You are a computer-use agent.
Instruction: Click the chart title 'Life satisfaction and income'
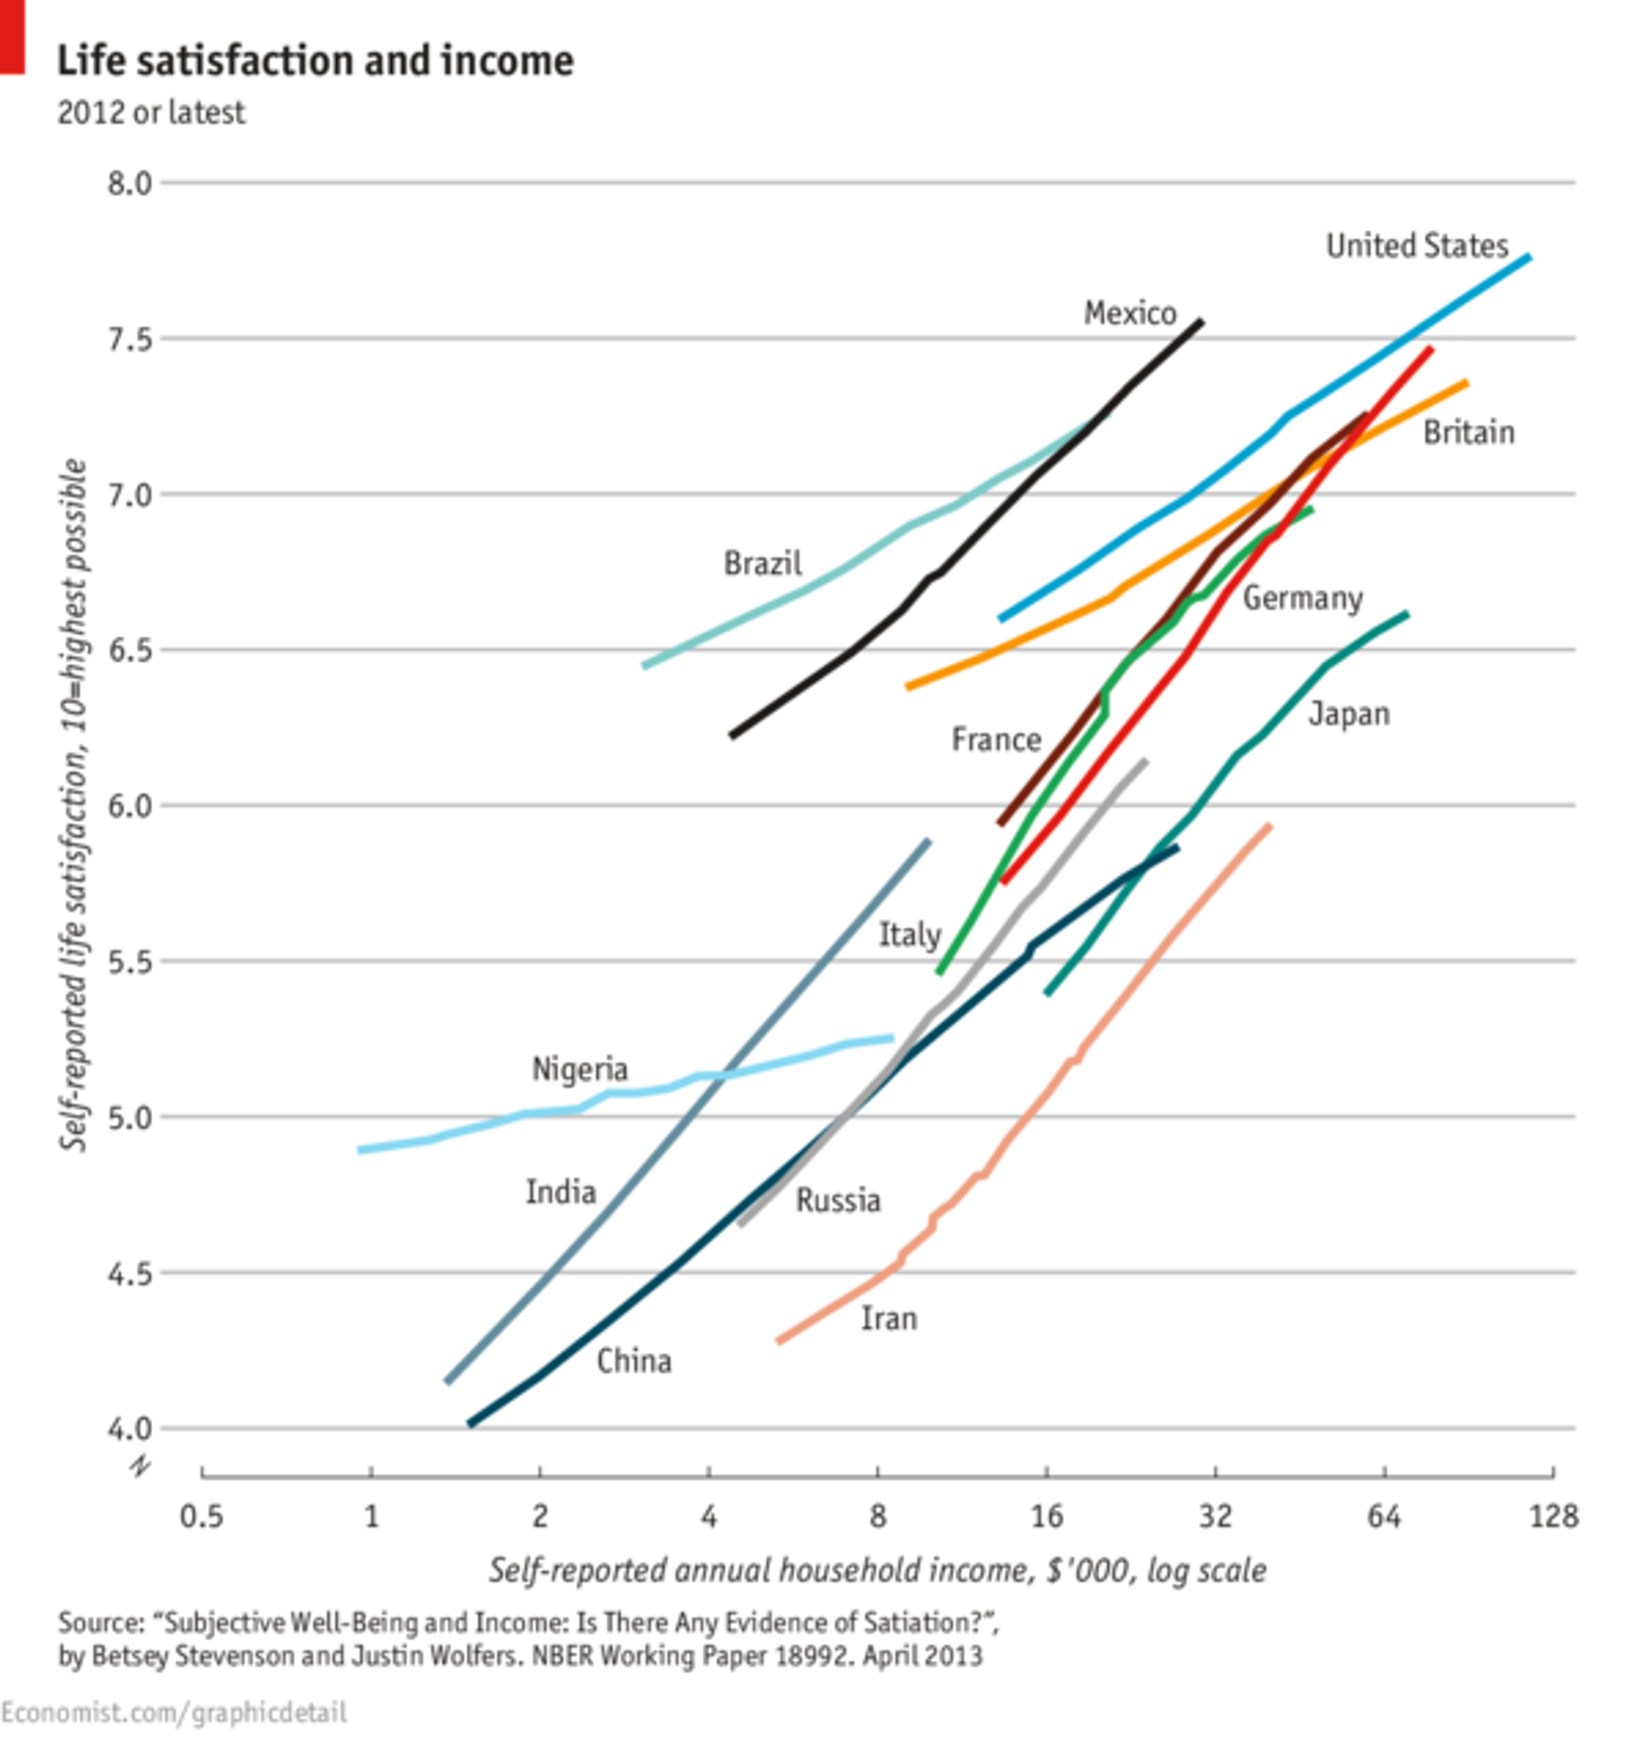click(x=315, y=61)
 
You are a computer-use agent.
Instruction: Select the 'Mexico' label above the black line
click(x=1130, y=313)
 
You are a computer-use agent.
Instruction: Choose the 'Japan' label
click(x=1348, y=714)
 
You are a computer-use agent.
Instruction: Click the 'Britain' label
click(x=1468, y=433)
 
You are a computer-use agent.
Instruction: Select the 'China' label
click(x=634, y=1361)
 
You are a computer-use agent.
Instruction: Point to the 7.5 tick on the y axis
click(x=129, y=339)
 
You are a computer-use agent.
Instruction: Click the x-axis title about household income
click(x=877, y=1570)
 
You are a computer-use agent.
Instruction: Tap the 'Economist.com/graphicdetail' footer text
click(x=173, y=1712)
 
